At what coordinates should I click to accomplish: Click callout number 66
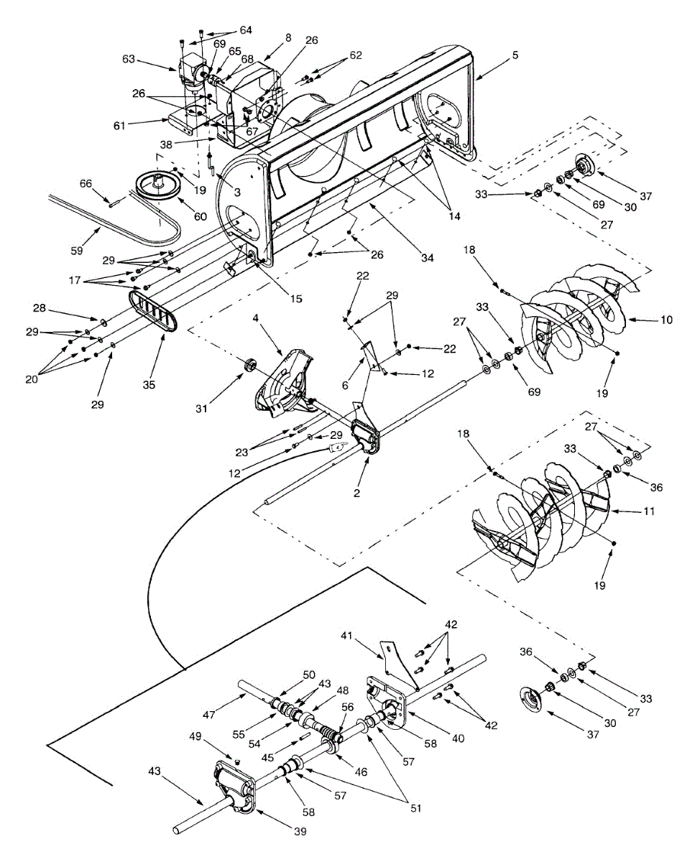[x=86, y=185]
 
